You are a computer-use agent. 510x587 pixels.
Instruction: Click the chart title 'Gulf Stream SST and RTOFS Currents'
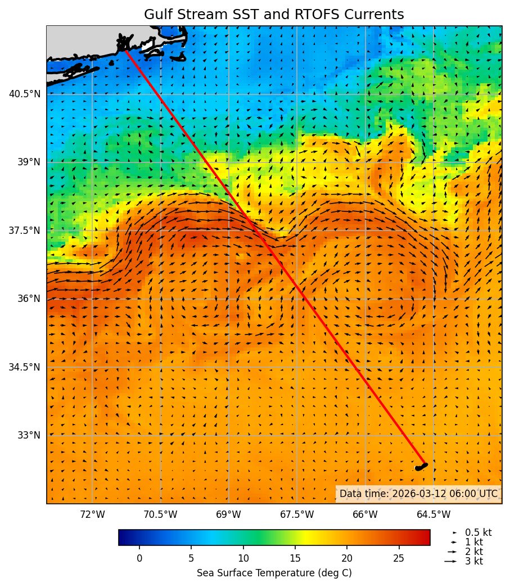[274, 15]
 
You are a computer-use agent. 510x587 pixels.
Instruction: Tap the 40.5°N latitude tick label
[25, 94]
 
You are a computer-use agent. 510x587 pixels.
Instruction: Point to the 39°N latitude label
[28, 162]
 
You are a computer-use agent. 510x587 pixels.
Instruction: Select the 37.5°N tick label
[25, 231]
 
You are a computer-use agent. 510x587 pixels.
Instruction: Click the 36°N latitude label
[28, 299]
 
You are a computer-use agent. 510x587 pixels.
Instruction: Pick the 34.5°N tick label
[25, 367]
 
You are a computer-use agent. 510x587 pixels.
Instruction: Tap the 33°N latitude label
[28, 435]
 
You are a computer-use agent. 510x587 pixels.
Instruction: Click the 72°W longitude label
[92, 514]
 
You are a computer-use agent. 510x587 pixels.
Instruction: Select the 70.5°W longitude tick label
[160, 514]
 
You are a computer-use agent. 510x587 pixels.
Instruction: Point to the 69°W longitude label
[228, 514]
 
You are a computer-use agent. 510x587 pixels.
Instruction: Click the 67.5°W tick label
[297, 514]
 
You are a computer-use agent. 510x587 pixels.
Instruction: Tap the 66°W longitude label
[365, 514]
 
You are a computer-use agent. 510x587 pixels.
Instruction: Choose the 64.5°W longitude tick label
[434, 514]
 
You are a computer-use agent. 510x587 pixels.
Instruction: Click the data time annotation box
[418, 494]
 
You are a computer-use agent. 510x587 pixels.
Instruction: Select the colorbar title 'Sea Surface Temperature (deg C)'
[274, 573]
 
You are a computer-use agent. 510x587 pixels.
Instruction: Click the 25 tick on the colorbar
[399, 558]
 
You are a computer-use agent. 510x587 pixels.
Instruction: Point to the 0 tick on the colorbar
[139, 558]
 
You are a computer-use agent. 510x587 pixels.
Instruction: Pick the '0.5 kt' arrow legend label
[478, 532]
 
